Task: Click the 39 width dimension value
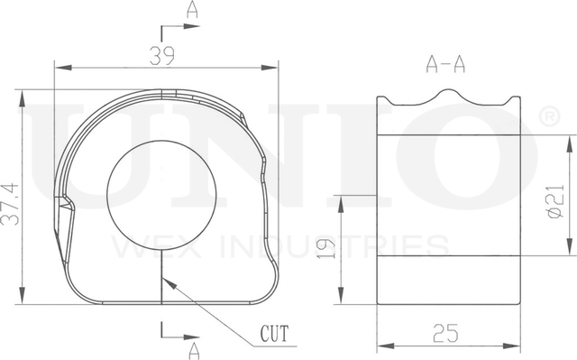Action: (162, 56)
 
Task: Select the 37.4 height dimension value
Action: (10, 204)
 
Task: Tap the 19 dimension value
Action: (326, 248)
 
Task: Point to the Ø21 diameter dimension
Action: (556, 201)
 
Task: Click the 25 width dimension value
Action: (445, 333)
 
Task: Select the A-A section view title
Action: (445, 64)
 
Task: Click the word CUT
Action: (274, 334)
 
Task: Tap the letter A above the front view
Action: (192, 9)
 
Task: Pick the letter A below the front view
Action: (194, 351)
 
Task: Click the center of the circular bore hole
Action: (161, 195)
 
